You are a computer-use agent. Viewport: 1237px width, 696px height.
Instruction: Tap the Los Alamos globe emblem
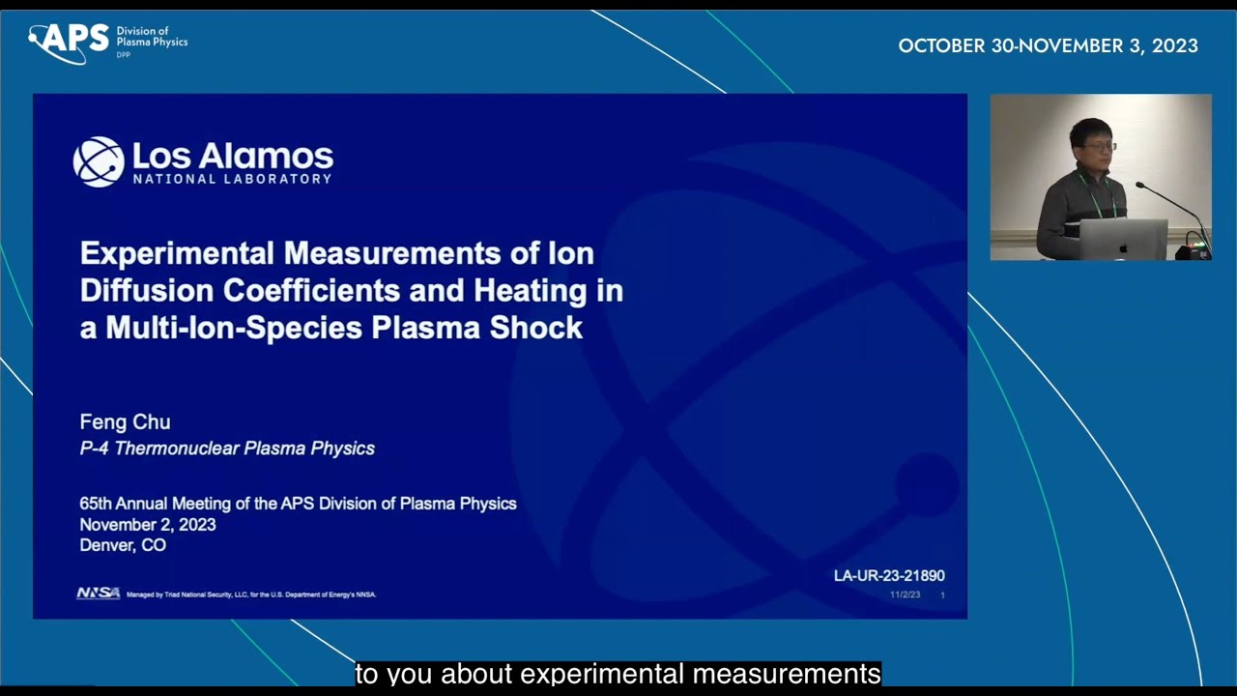coord(99,161)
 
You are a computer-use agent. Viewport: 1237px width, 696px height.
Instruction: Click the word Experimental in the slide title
coord(177,253)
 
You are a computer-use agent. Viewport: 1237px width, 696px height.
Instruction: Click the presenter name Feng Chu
coord(125,422)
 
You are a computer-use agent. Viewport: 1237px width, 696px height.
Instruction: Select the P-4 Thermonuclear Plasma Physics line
coord(227,449)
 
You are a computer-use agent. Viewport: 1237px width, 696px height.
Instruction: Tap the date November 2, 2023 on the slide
coord(148,525)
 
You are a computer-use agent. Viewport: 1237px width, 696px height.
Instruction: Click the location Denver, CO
coord(123,545)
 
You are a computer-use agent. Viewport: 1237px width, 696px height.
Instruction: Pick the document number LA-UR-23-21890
coord(889,576)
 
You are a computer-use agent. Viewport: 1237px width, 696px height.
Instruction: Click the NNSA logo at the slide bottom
coord(99,594)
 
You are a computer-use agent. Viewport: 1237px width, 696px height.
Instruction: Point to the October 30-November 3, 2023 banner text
coord(1048,46)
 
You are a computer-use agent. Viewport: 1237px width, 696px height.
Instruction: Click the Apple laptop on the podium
coord(1123,240)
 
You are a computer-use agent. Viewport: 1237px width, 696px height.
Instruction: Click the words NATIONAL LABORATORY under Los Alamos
coord(232,179)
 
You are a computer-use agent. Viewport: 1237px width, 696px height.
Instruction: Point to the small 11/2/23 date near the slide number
coord(905,594)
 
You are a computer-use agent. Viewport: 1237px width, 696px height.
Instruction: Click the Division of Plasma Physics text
coord(152,38)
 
